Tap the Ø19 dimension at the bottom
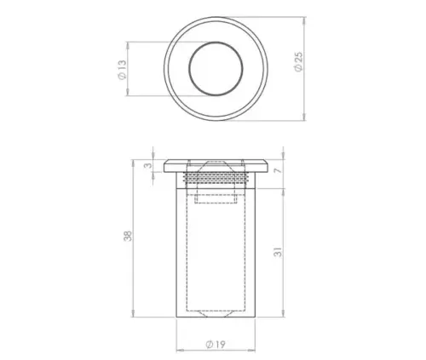215,345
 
